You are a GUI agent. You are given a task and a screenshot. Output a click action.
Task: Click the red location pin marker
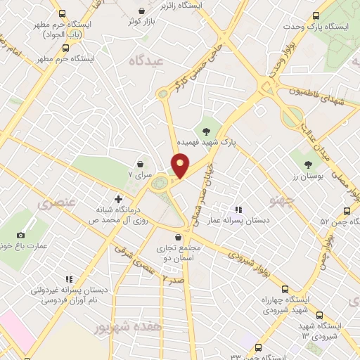pyautogui.click(x=180, y=165)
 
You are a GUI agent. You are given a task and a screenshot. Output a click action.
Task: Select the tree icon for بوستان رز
pyautogui.click(x=308, y=165)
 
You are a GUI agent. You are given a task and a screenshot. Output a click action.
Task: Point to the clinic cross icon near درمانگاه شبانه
pyautogui.click(x=118, y=198)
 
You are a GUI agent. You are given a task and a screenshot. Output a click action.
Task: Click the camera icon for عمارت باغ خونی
pyautogui.click(x=20, y=235)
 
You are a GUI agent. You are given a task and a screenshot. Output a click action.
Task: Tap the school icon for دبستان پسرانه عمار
pyautogui.click(x=239, y=209)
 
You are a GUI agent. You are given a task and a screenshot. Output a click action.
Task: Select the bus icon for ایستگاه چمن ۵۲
pyautogui.click(x=347, y=210)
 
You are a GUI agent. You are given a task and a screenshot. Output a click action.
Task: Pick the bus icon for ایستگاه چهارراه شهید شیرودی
pyautogui.click(x=285, y=289)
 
